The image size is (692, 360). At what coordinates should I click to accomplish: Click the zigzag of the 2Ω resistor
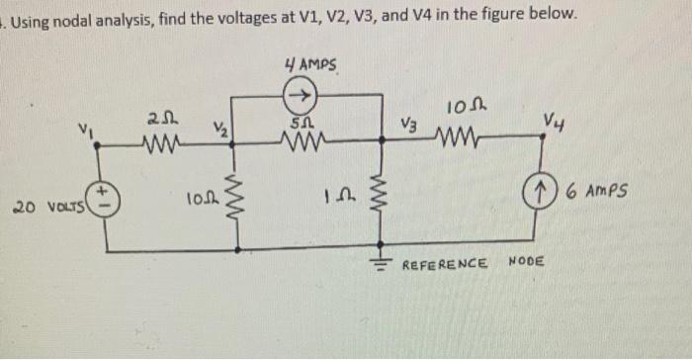point(160,150)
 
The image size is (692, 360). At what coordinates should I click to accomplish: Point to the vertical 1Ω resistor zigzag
point(382,194)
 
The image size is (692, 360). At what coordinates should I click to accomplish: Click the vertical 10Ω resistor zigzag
point(235,194)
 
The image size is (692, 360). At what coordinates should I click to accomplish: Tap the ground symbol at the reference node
point(382,262)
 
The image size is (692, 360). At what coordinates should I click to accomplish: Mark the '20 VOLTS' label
point(45,208)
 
